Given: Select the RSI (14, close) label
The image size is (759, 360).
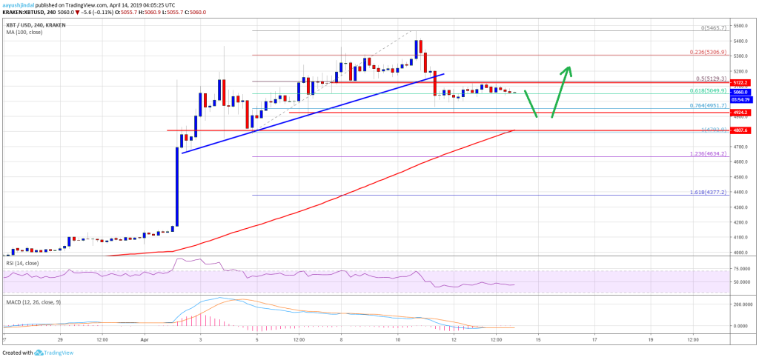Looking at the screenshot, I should click(x=20, y=262).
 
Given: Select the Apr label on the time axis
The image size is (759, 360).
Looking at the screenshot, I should click(x=145, y=340).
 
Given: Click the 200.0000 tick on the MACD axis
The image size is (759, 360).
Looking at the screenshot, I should click(x=742, y=304).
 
